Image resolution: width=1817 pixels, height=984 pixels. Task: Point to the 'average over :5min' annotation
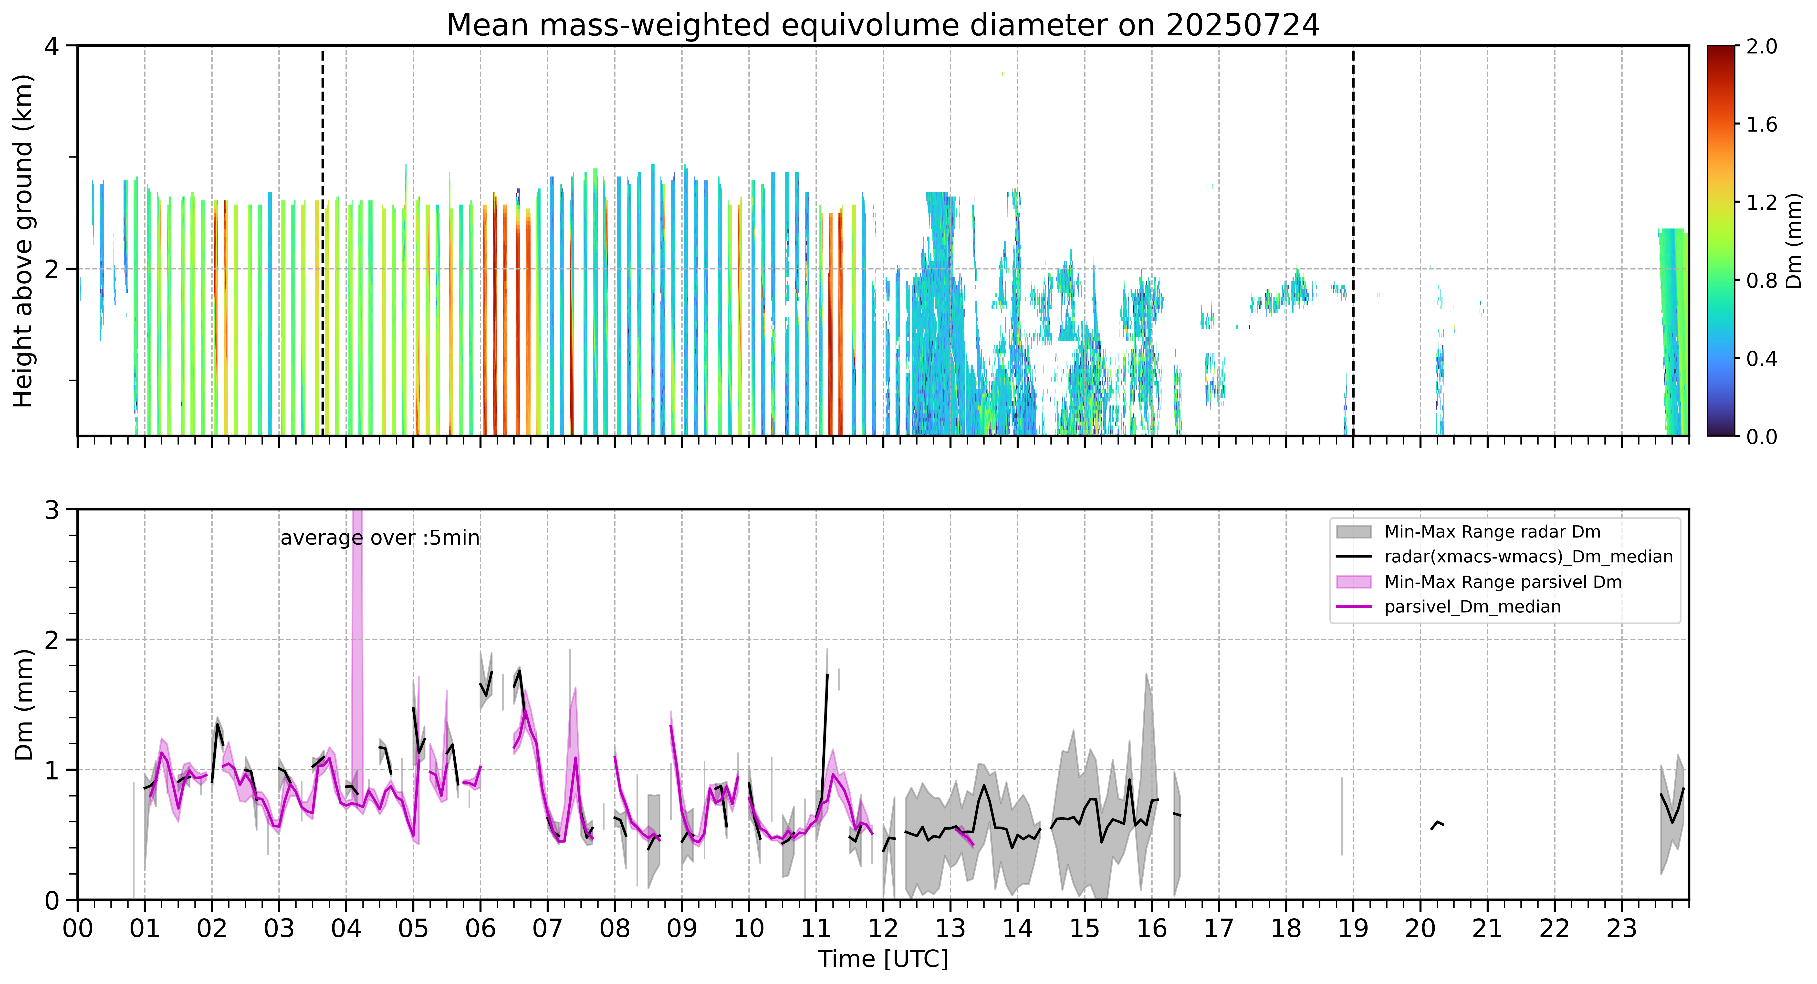(379, 538)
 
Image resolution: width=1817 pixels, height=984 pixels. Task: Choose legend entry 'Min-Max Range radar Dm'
(1492, 532)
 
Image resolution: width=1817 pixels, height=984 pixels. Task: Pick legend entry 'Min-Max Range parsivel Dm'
(1503, 582)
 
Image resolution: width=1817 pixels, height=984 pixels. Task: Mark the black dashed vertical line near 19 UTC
(1353, 240)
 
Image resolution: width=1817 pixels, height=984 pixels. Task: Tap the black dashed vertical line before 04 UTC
(322, 240)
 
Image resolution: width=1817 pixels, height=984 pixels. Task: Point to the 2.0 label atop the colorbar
(1761, 47)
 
